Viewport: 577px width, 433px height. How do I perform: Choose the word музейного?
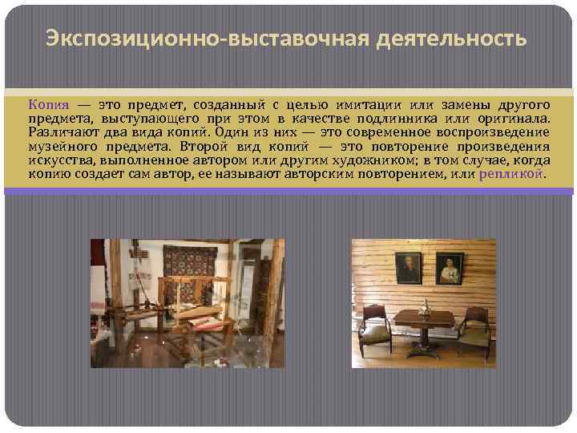[x=61, y=147]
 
